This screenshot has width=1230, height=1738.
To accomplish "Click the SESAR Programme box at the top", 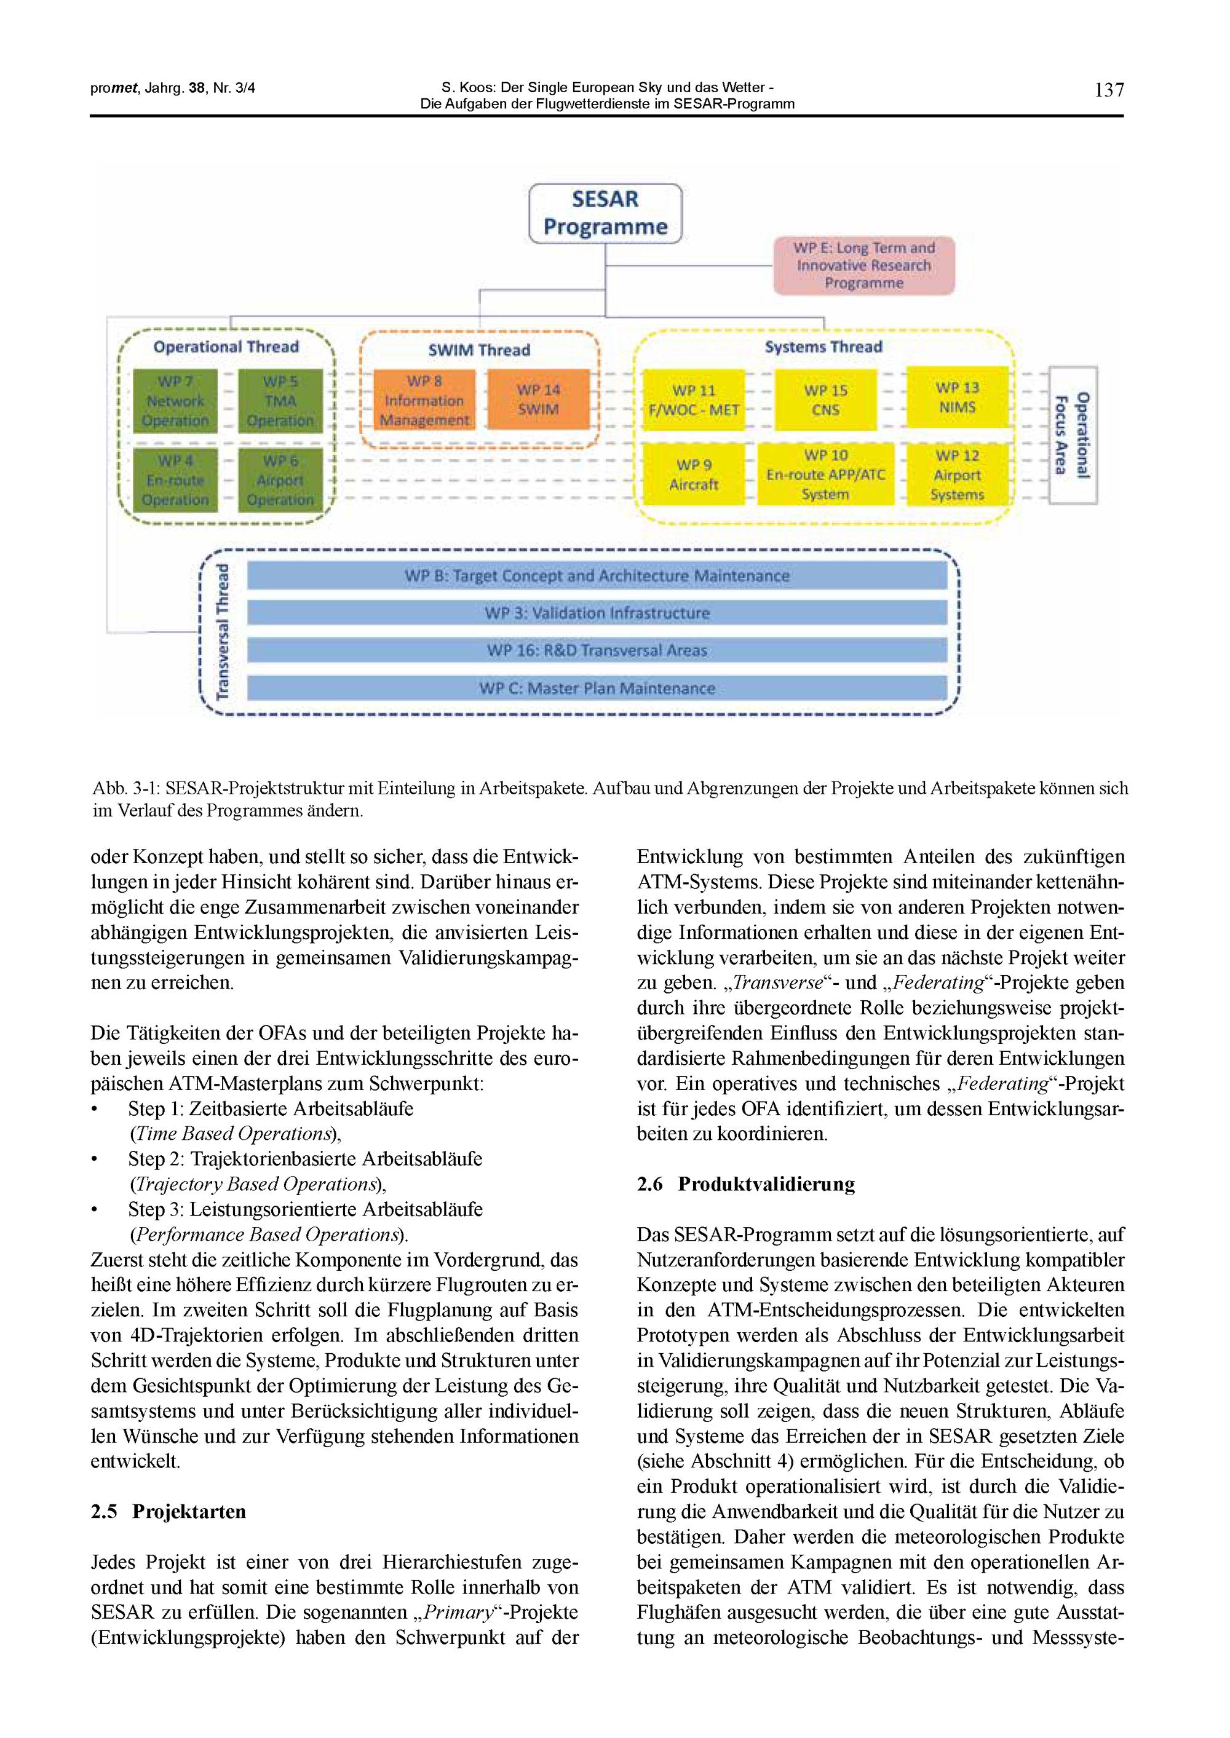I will tap(605, 213).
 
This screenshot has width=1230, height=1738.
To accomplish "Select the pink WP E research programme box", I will tap(863, 266).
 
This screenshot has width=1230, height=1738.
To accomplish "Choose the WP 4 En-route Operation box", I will tap(175, 480).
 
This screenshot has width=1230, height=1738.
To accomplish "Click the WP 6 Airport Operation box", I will tap(280, 480).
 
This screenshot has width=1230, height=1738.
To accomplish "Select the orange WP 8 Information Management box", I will tap(424, 400).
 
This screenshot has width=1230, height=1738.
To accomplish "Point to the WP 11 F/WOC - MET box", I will tap(693, 400).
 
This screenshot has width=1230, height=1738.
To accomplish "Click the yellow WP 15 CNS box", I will tap(825, 400).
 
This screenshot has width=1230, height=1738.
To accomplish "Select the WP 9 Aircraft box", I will tap(693, 475).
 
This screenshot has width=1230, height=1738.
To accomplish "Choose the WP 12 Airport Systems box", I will tap(958, 475).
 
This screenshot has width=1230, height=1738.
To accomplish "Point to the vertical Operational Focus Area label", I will tap(1073, 435).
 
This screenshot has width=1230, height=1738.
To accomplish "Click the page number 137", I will tap(1109, 90).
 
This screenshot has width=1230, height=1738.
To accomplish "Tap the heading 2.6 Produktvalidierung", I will tap(745, 1184).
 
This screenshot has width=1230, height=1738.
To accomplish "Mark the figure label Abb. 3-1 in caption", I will tap(125, 789).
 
